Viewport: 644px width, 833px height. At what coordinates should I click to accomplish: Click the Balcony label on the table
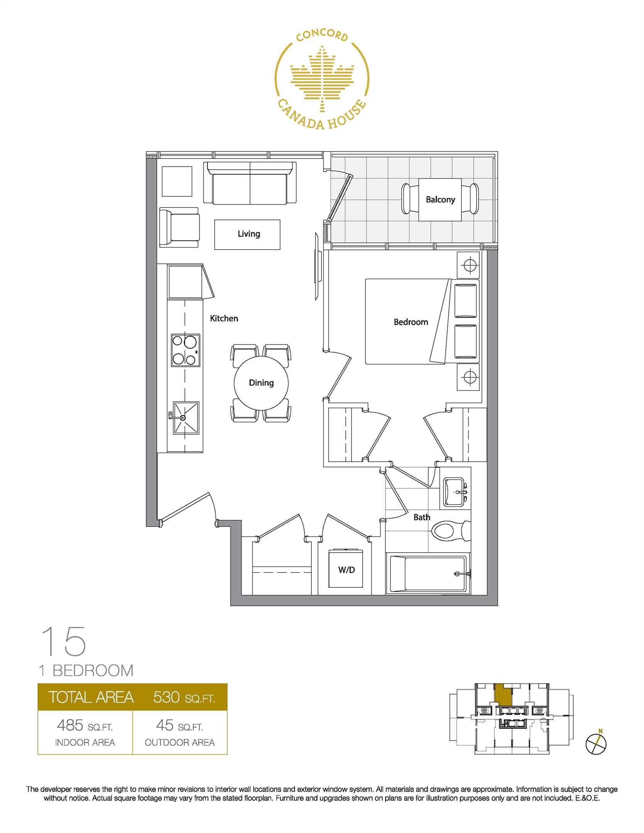point(440,199)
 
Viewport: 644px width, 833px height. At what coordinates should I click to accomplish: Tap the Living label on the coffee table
point(249,234)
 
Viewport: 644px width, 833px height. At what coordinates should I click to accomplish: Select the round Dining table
point(261,383)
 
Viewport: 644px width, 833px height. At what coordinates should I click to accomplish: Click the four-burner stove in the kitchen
point(186,350)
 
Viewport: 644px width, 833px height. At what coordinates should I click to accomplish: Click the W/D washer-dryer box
point(346,570)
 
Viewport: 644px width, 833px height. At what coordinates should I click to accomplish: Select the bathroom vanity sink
point(454,492)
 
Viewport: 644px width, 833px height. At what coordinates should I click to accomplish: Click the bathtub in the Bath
point(428,573)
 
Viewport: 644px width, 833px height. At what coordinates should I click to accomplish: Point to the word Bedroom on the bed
point(411,322)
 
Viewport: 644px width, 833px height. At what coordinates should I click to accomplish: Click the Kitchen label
point(224,319)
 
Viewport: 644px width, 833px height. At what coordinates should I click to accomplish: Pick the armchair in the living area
point(179,228)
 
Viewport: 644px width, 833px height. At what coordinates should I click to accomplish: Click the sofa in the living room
point(250,183)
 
